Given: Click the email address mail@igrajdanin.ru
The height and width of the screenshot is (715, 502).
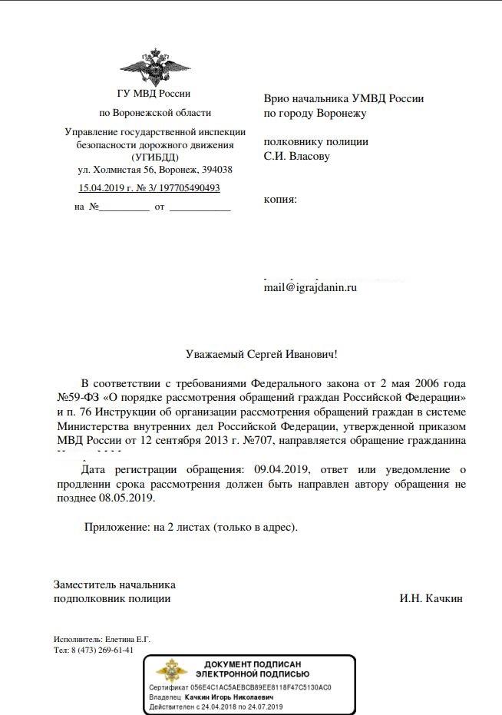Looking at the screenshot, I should point(311,287).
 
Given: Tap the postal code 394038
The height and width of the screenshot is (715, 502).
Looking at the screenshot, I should point(216,170).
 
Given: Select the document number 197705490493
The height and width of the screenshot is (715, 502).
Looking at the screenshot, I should point(185,187).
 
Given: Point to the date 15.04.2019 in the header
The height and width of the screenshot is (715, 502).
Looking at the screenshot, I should point(104,187).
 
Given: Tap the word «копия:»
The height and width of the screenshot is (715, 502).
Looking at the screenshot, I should point(280,200).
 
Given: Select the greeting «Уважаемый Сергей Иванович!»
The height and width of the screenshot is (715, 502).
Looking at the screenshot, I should point(261,354).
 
